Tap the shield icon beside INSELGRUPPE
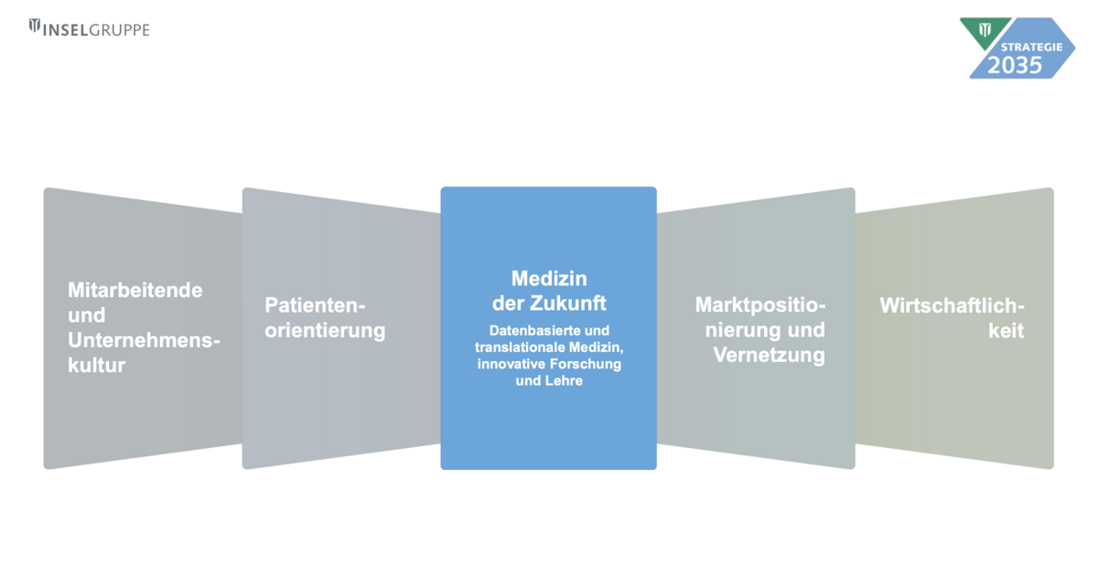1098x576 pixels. (x=35, y=28)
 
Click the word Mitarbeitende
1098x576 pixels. (x=135, y=290)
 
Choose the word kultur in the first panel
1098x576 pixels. (x=97, y=366)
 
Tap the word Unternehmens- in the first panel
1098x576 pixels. (x=145, y=340)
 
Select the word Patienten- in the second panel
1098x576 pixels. (x=315, y=304)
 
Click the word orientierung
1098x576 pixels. (x=325, y=330)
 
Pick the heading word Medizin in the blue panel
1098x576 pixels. (x=549, y=278)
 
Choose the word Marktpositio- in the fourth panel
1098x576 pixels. (x=760, y=304)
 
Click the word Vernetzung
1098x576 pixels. (x=769, y=355)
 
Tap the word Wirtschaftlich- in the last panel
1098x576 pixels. (x=952, y=304)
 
